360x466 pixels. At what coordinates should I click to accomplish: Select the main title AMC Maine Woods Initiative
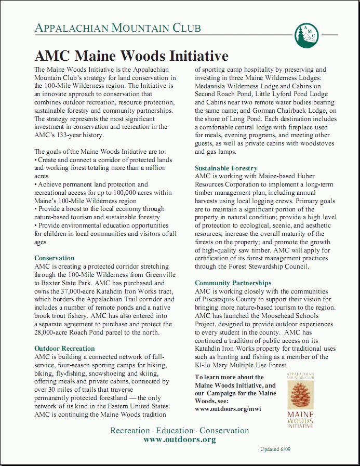point(131,56)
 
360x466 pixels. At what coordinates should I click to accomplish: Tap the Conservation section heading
point(55,258)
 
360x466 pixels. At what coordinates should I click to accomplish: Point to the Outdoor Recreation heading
point(64,349)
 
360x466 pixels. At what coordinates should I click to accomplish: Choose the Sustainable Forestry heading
point(226,168)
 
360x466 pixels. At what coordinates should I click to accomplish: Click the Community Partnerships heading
point(233,283)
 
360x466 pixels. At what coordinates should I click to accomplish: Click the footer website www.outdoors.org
point(179,440)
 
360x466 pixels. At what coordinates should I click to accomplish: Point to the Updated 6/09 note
point(276,449)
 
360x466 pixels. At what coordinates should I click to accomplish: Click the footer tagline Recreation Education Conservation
point(179,431)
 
